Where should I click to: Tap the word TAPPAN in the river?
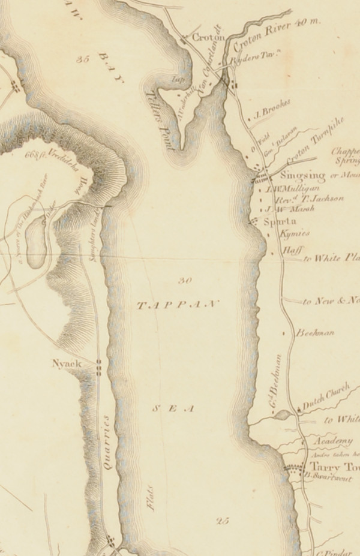click(x=178, y=305)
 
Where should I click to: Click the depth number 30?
click(x=185, y=280)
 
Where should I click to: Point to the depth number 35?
click(x=83, y=59)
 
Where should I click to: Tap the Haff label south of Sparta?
click(x=291, y=250)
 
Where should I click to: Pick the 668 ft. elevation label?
click(x=36, y=152)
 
